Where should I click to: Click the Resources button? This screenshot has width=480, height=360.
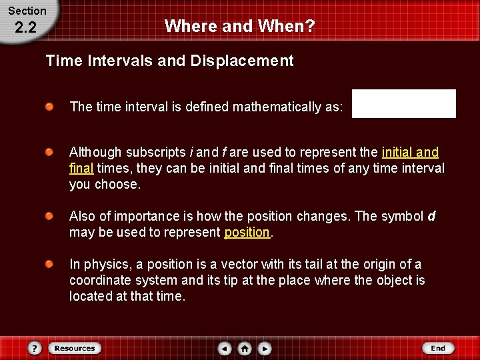pos(75,348)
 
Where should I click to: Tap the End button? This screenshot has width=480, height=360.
pos(438,348)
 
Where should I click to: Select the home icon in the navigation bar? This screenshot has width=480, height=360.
pos(245,348)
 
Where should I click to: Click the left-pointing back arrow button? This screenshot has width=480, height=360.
pos(225,348)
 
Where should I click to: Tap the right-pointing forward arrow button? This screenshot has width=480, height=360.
pos(265,348)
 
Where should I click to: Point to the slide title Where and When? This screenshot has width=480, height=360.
pos(240,26)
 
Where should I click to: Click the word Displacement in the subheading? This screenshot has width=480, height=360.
pos(241,61)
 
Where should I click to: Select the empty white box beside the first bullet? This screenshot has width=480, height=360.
pos(403,104)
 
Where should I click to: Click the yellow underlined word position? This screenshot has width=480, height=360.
pos(247,233)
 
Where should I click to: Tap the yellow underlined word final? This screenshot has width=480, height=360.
pos(81,169)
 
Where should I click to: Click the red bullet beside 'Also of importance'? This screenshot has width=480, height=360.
pos(50,217)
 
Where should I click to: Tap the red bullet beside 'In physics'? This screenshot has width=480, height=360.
pos(50,265)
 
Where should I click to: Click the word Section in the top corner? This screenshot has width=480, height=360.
pos(27,11)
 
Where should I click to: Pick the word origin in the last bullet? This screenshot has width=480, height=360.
pos(370,265)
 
